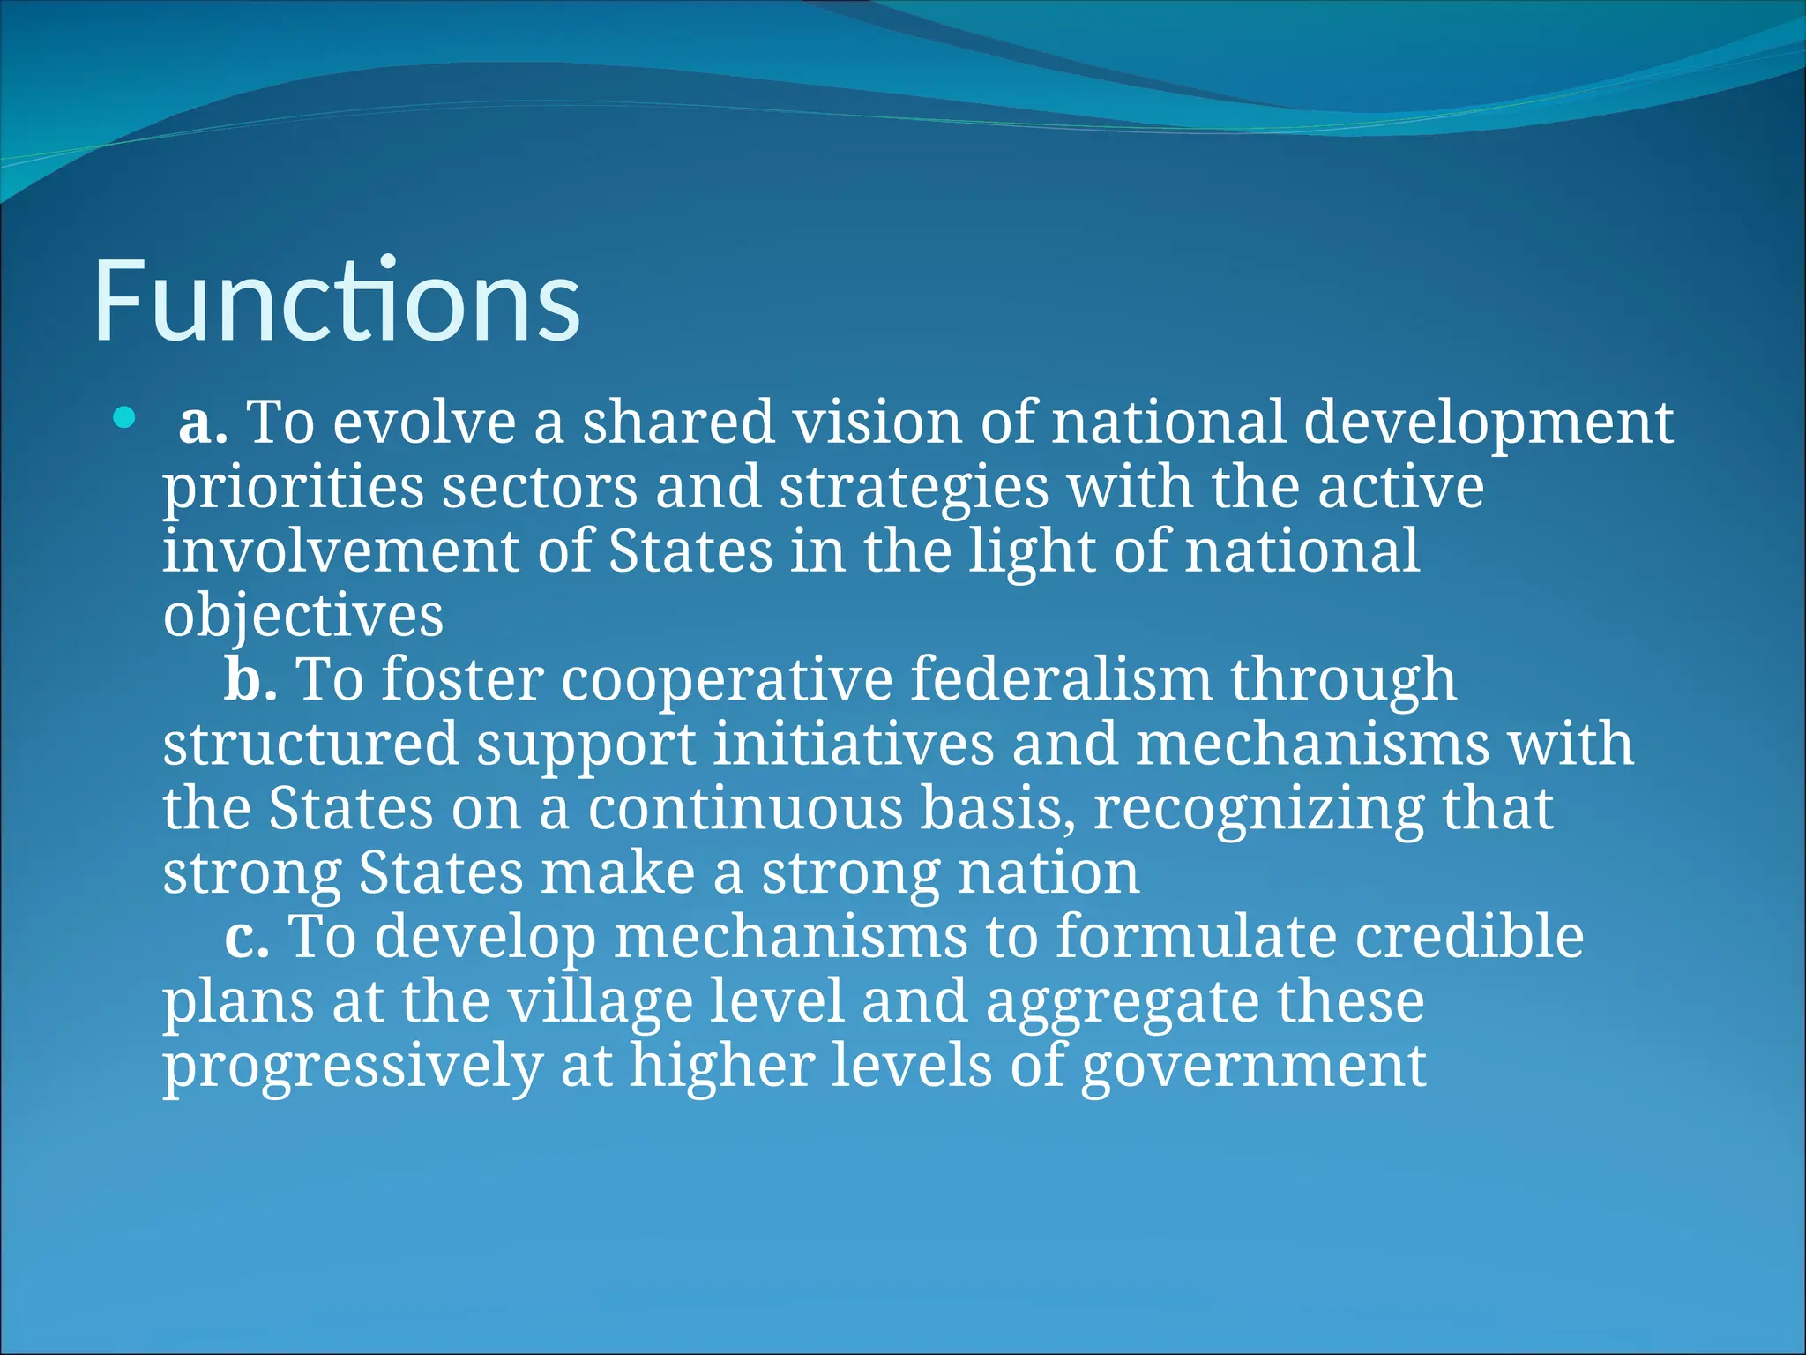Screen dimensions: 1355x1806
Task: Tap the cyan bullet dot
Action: pyautogui.click(x=124, y=417)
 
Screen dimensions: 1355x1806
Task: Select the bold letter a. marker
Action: pyautogui.click(x=203, y=423)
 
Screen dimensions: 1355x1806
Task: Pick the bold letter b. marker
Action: pyautogui.click(x=250, y=680)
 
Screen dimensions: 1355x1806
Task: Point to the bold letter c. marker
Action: pyautogui.click(x=247, y=937)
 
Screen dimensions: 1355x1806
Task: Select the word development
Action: pyautogui.click(x=1488, y=423)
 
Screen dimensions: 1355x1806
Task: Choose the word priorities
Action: pyautogui.click(x=294, y=488)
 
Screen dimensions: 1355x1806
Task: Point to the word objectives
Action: pyautogui.click(x=303, y=616)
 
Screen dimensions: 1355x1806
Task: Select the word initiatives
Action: pyautogui.click(x=853, y=745)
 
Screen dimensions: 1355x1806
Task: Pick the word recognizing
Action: pyautogui.click(x=1258, y=809)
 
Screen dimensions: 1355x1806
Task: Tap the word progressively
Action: pyautogui.click(x=353, y=1067)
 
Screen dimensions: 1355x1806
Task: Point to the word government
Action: pyautogui.click(x=1253, y=1067)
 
